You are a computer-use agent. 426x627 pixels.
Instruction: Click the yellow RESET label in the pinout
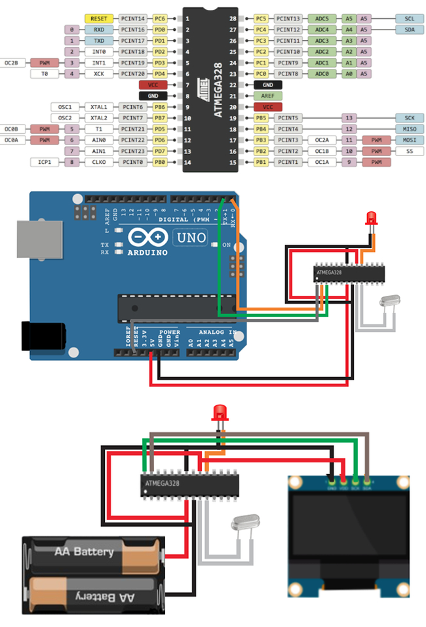click(x=100, y=19)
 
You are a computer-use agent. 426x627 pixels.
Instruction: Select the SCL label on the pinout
click(x=410, y=19)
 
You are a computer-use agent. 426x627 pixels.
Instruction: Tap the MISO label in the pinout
click(x=410, y=129)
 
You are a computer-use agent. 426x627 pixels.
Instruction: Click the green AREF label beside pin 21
click(x=267, y=96)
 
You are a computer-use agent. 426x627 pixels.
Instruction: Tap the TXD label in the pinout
click(x=100, y=41)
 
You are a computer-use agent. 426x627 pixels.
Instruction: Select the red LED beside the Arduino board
click(x=372, y=217)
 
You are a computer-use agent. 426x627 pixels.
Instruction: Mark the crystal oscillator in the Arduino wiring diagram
click(x=387, y=302)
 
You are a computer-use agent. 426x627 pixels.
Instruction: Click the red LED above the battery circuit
click(x=220, y=413)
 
